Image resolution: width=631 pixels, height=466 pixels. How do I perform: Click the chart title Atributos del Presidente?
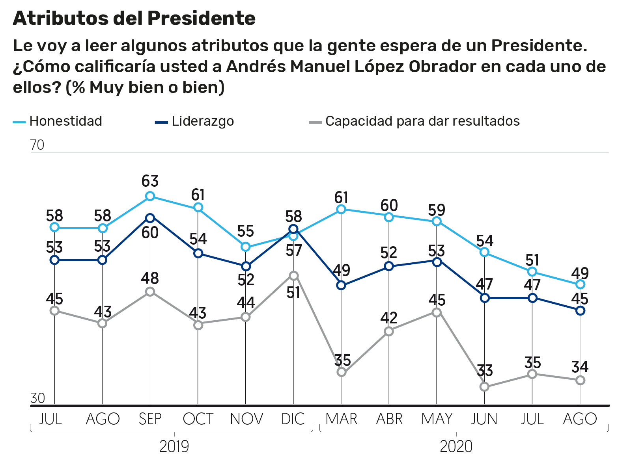(134, 19)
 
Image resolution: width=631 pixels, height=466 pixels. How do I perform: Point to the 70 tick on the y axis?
(37, 145)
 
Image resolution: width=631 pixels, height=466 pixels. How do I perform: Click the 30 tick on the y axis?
(37, 398)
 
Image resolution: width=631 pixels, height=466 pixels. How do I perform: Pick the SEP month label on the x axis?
(150, 419)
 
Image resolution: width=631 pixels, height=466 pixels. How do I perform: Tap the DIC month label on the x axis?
(293, 419)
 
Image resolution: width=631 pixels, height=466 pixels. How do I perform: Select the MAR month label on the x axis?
(341, 419)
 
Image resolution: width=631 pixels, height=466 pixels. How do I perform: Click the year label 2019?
(174, 447)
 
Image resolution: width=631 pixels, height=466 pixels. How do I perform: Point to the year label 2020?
(456, 447)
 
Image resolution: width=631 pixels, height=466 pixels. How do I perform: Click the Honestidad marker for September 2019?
(150, 196)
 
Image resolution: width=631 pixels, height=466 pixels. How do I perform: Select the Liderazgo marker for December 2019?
(293, 229)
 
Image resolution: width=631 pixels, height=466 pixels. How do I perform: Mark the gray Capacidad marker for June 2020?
(485, 387)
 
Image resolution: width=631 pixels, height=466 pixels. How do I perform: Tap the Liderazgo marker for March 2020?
(341, 286)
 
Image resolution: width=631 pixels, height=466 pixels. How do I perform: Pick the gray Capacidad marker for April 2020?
(389, 331)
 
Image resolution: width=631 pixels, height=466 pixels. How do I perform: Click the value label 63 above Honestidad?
(150, 181)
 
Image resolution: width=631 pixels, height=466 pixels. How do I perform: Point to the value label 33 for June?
(485, 371)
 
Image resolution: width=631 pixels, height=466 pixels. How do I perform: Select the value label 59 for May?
(437, 210)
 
